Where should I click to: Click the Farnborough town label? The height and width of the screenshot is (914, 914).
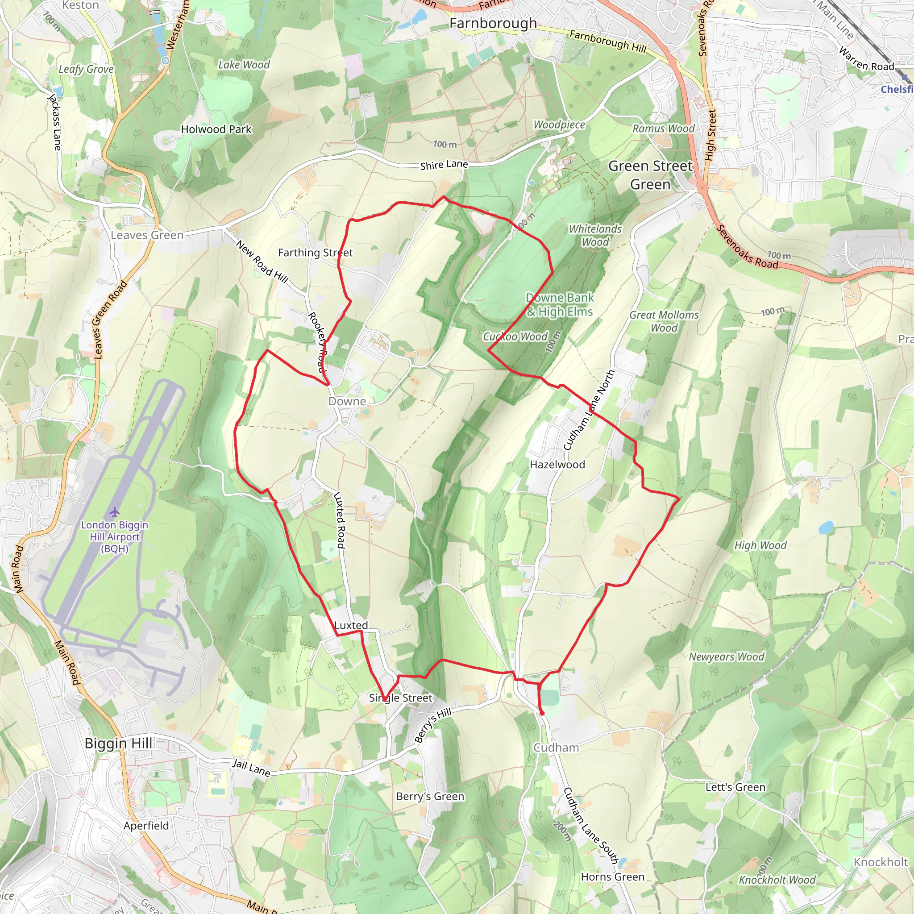[493, 23]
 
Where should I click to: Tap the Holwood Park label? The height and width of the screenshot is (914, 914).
[216, 129]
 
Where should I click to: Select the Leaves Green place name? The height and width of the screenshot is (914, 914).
[147, 235]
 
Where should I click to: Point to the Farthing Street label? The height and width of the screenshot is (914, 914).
[315, 253]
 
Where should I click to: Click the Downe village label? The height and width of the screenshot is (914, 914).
[347, 401]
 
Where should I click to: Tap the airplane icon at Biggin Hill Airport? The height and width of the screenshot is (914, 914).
[115, 512]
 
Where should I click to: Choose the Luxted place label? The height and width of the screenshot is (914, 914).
[351, 625]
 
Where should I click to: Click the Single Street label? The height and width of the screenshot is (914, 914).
[401, 698]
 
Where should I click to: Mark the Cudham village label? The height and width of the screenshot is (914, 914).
[556, 748]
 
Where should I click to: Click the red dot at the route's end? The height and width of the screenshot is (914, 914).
[542, 713]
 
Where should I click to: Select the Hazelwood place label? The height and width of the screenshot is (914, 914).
[557, 465]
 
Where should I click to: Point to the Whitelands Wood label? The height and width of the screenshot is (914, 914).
[595, 235]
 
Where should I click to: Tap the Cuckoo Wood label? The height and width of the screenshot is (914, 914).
[515, 337]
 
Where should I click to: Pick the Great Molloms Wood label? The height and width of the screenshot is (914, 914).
[664, 321]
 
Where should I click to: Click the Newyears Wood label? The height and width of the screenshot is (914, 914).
[726, 656]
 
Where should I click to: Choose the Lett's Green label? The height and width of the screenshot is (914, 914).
[735, 787]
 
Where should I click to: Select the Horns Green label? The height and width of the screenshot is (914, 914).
[613, 877]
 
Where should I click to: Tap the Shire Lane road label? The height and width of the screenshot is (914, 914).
[444, 165]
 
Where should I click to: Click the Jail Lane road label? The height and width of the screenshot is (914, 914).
[251, 767]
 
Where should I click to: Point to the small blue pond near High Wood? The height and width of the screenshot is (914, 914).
[826, 527]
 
